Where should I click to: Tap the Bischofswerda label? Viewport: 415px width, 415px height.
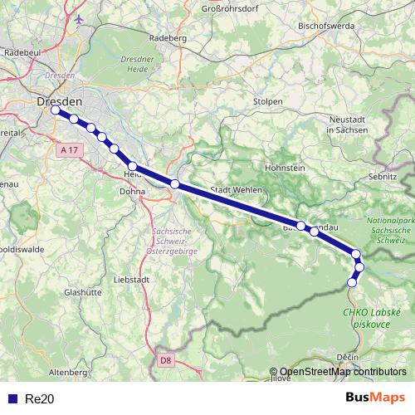coord(326,26)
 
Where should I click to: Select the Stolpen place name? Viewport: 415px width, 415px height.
coord(269,101)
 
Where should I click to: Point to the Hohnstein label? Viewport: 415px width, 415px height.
coord(285,168)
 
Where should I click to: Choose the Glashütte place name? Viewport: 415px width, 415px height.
coord(82,292)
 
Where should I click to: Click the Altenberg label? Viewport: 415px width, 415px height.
coord(68,373)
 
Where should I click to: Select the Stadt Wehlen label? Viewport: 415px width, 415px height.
coord(237,190)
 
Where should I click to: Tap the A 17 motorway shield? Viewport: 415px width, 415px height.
coord(71,149)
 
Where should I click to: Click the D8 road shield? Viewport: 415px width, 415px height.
coord(165,359)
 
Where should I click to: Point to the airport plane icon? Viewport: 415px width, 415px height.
coord(79,19)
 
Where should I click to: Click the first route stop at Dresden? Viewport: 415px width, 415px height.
coord(56,110)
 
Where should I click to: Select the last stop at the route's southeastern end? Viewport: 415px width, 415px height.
coord(352,282)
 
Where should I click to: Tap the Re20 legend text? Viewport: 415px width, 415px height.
coord(39,398)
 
